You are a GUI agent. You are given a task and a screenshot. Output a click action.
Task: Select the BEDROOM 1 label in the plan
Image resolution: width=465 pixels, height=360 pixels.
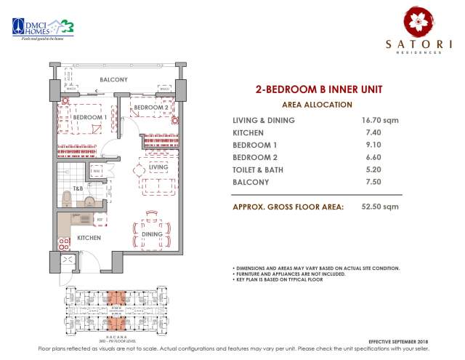[89, 117]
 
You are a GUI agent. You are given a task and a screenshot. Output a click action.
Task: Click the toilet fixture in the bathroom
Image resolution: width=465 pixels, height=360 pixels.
[67, 199]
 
